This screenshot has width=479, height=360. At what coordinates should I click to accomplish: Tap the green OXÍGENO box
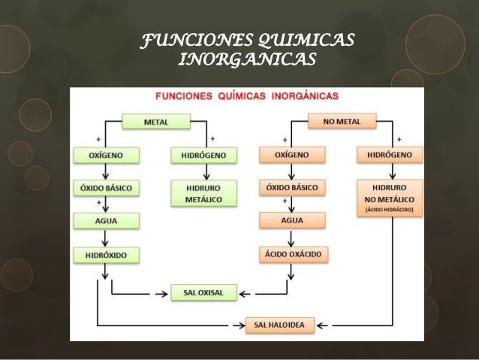tap(105, 155)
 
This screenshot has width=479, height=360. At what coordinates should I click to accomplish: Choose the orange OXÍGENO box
tap(292, 155)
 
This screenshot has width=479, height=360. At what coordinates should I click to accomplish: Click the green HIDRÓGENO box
tap(204, 155)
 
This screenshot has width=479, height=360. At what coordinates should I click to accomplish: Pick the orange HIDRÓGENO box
tap(389, 155)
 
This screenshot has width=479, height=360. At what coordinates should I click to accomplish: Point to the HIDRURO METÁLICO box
tap(204, 192)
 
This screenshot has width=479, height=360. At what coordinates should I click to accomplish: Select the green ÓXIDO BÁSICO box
tap(105, 186)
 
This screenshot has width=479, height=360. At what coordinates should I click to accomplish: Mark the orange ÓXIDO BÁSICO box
tap(292, 186)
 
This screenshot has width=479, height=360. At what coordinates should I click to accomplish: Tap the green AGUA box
tap(105, 220)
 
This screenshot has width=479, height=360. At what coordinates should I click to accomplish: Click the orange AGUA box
tap(292, 220)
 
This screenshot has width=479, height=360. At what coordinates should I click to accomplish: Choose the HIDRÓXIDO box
tap(105, 256)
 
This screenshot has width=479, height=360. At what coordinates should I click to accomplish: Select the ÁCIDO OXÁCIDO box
tap(292, 255)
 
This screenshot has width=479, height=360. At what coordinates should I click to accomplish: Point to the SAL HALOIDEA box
tap(279, 325)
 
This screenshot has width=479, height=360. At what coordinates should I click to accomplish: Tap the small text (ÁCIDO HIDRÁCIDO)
tap(389, 210)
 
